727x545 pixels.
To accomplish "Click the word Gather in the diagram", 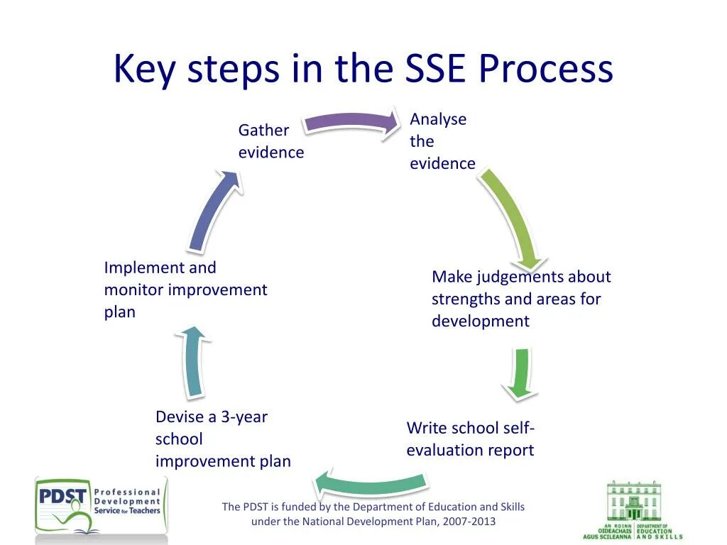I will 263,131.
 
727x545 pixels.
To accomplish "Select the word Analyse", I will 438,119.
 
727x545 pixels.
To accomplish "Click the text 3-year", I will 244,417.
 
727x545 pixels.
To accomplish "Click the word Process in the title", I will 545,69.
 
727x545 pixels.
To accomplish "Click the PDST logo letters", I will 62,495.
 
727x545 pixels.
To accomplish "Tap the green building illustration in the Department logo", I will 633,502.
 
